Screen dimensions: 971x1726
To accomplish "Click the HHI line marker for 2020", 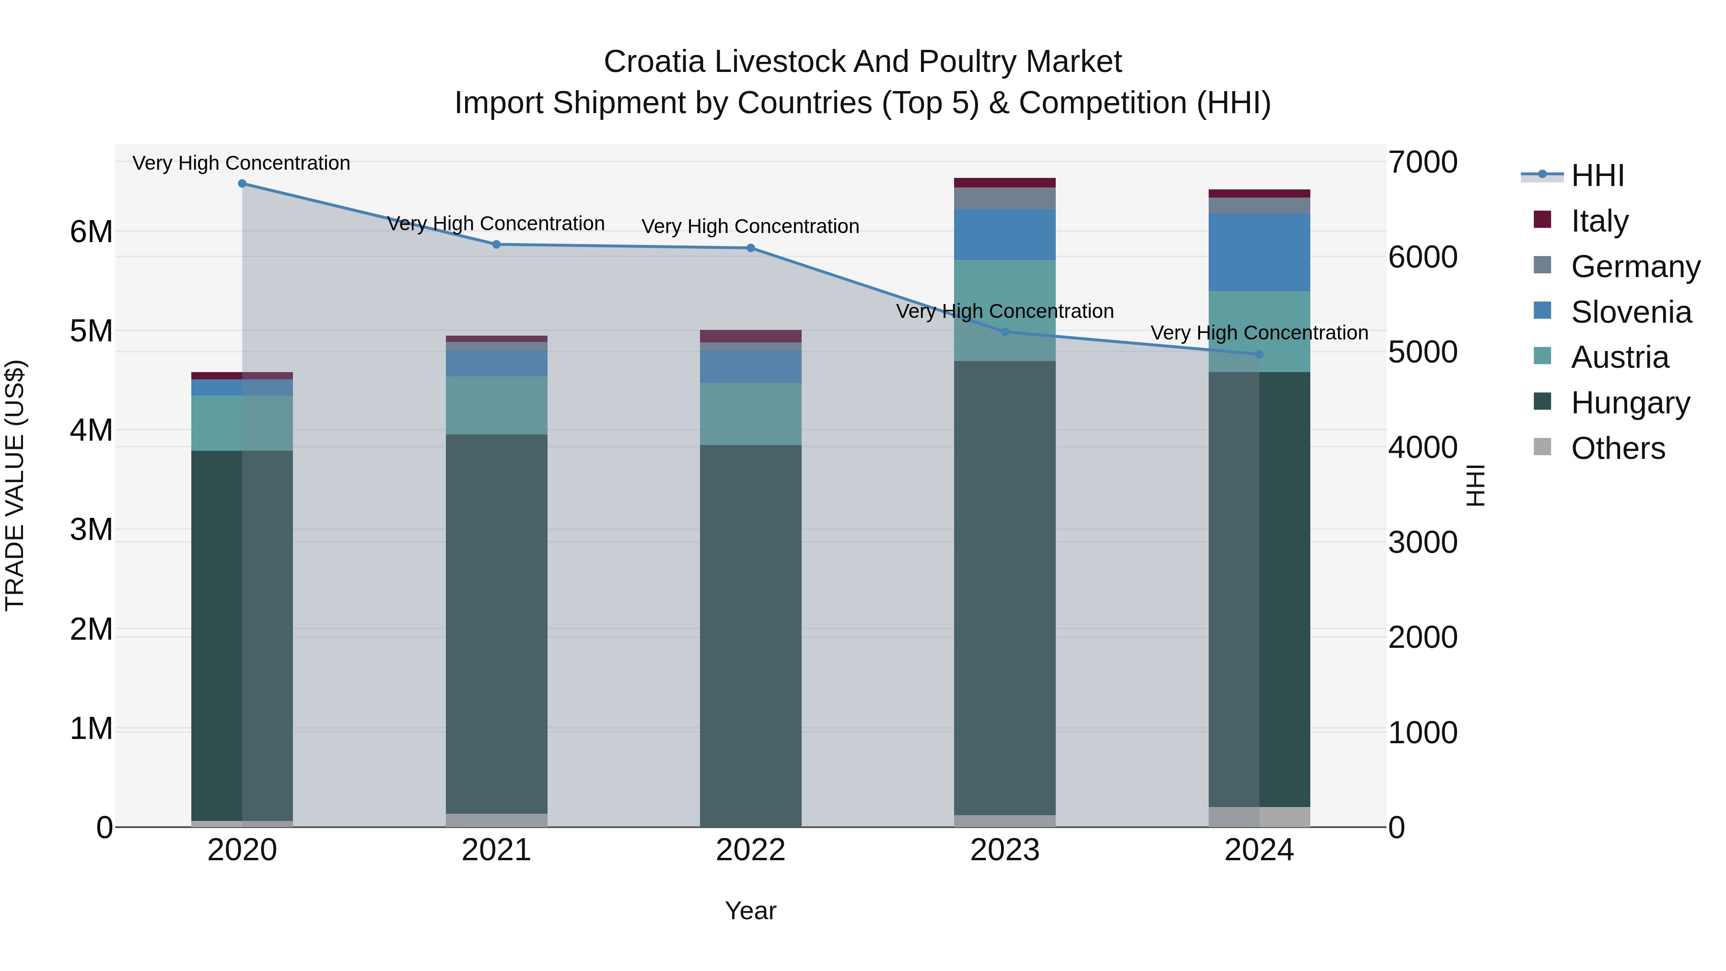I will [x=242, y=184].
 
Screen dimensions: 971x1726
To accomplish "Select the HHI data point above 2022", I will [x=750, y=248].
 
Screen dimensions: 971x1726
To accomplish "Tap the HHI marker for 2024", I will [x=1259, y=354].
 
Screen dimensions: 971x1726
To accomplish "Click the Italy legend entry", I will [x=1598, y=221].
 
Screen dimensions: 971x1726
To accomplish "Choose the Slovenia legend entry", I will [x=1630, y=312].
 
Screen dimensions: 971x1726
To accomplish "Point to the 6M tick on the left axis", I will [x=91, y=232].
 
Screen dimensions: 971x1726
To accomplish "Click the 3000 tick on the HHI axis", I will [x=1422, y=542].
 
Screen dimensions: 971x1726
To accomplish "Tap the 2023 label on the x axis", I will [x=1004, y=850].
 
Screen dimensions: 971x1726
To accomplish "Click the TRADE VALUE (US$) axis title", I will [x=15, y=485].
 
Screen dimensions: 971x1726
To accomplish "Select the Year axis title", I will [x=750, y=911].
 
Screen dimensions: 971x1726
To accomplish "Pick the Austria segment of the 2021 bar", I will [x=497, y=405].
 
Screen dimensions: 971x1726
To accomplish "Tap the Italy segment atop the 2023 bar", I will [x=1004, y=183].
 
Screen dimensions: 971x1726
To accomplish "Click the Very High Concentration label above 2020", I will [x=241, y=163].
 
